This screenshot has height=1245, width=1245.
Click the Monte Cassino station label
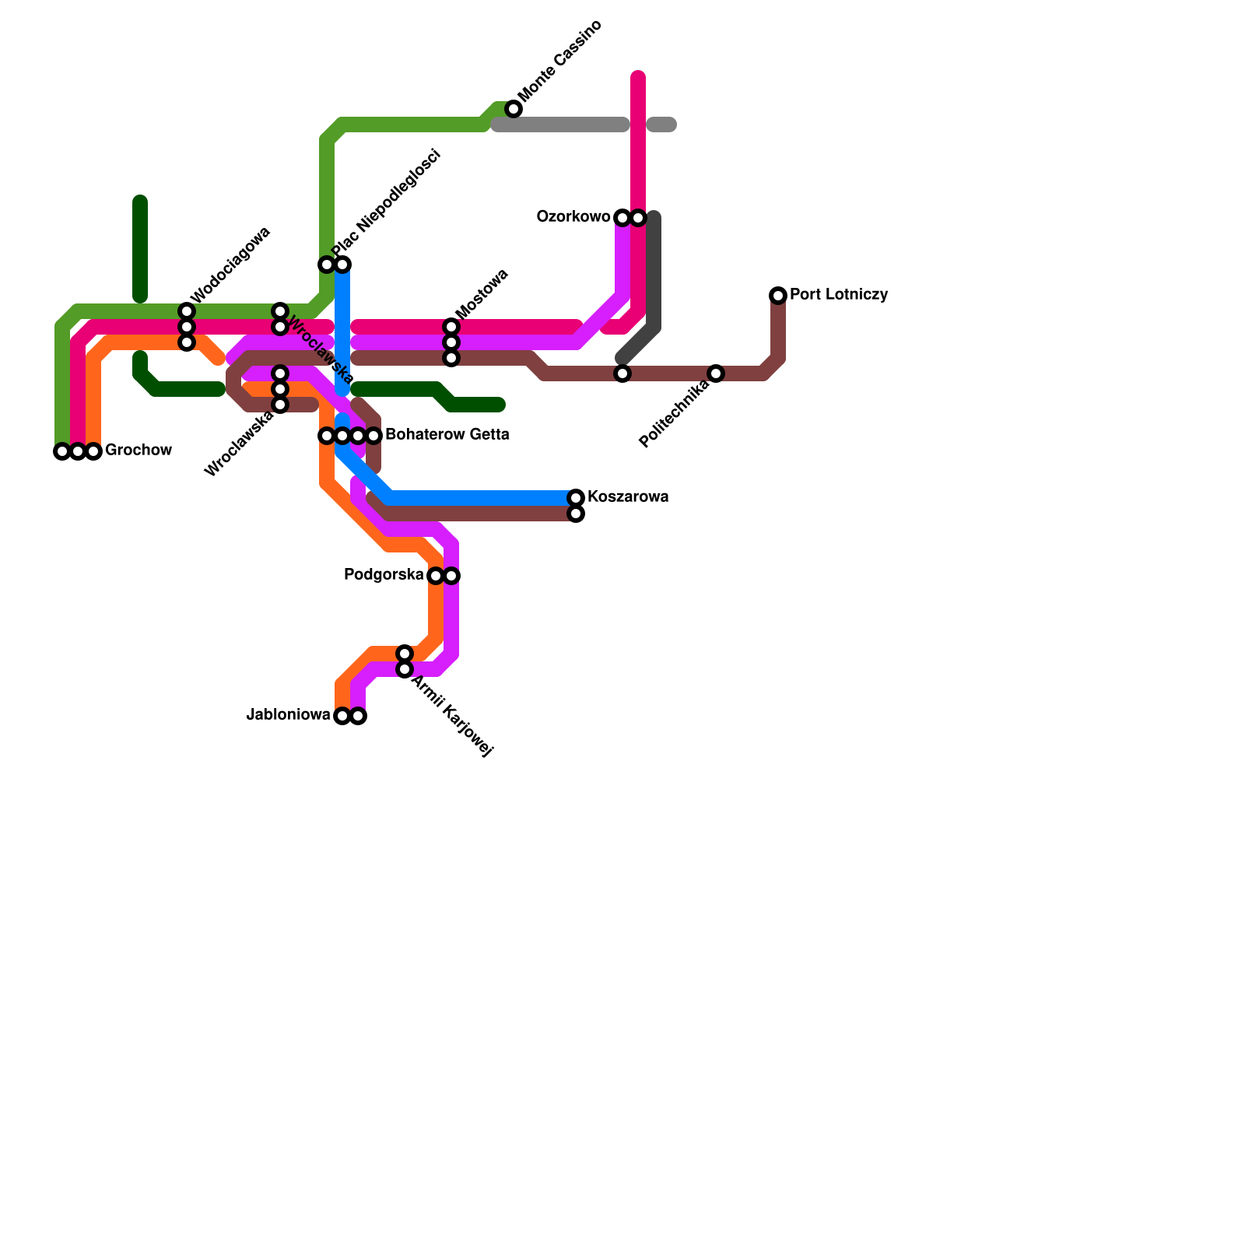click(x=560, y=61)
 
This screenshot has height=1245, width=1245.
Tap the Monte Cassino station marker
click(x=514, y=109)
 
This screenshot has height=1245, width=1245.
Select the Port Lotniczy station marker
click(x=778, y=296)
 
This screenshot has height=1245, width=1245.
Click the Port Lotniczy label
click(x=839, y=295)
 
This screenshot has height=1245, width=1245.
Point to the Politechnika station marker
click(x=716, y=373)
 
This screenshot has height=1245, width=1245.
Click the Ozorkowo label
click(x=573, y=217)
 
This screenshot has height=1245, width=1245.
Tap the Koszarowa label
click(x=628, y=497)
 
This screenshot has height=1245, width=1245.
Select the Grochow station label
click(x=139, y=451)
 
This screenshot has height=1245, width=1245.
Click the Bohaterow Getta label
click(x=447, y=435)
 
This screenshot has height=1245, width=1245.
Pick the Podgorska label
click(x=384, y=575)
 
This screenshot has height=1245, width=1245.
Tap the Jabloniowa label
click(x=289, y=715)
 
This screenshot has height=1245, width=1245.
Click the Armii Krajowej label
click(x=452, y=717)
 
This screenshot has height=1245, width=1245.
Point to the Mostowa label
click(x=482, y=294)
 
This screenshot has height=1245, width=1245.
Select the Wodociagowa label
click(x=230, y=265)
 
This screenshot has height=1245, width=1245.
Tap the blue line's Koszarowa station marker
click(x=576, y=498)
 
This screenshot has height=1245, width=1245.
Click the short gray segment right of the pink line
click(x=661, y=124)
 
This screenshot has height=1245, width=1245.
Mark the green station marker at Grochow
click(x=62, y=451)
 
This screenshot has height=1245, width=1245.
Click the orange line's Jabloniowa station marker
click(x=342, y=716)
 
